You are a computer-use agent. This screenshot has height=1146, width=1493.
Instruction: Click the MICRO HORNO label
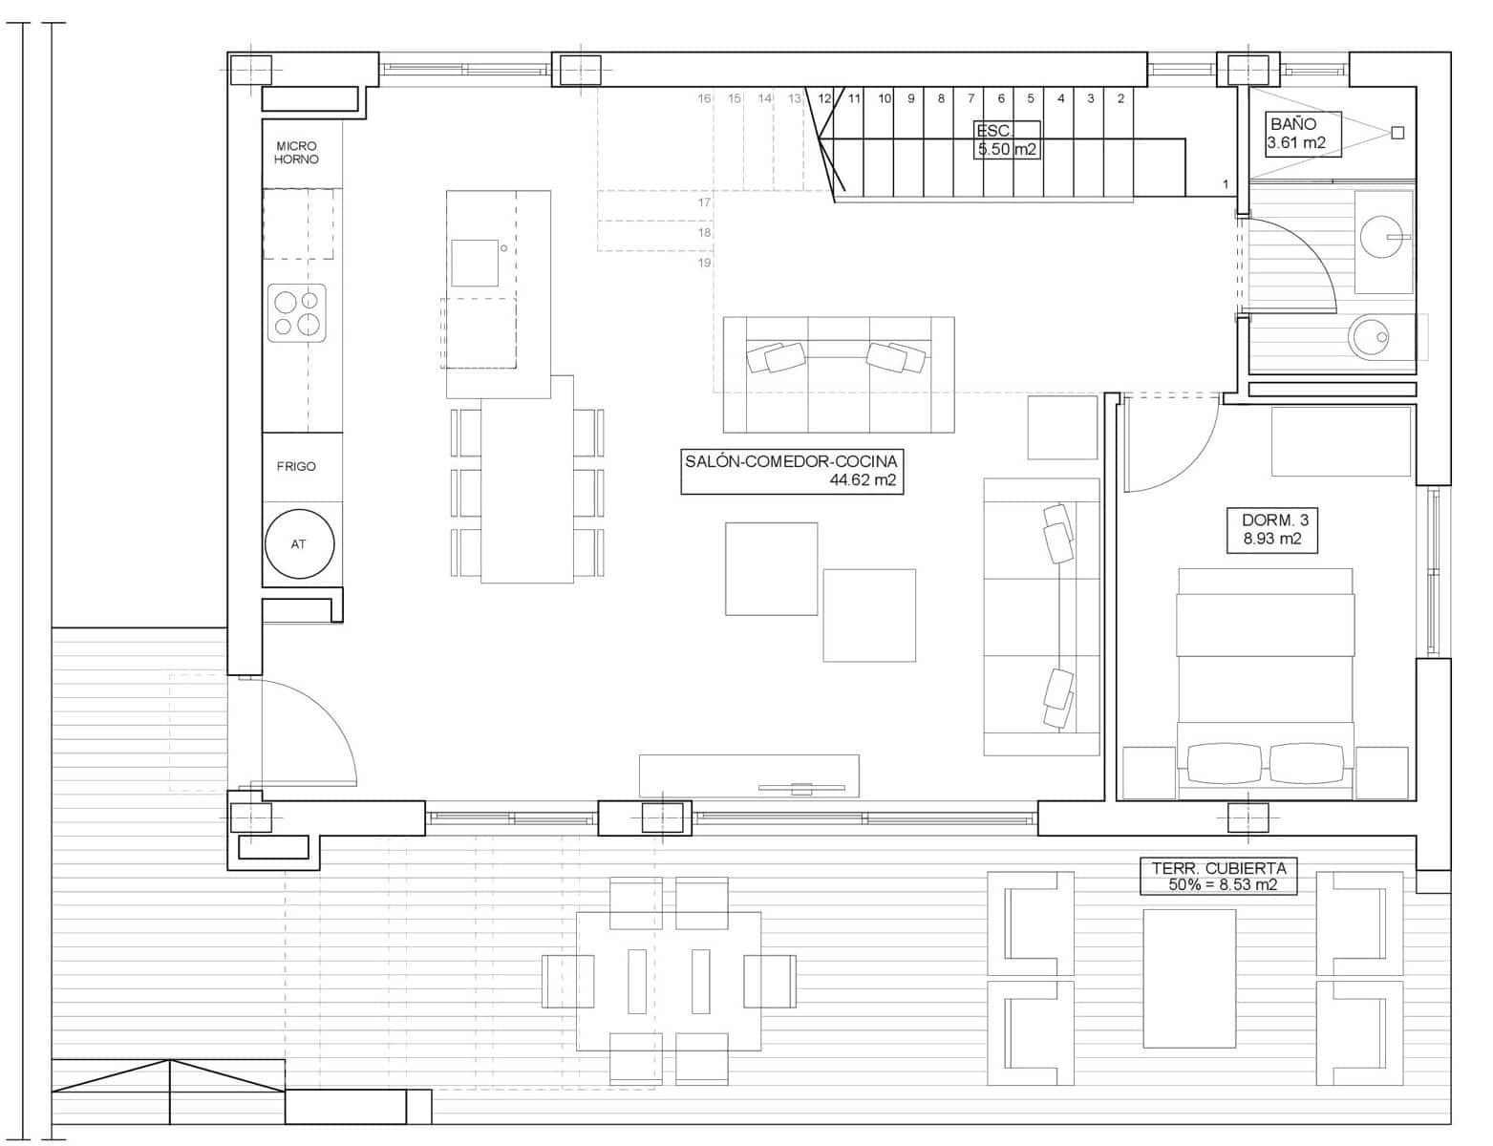point(296,153)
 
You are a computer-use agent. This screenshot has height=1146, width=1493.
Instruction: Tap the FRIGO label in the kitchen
point(296,466)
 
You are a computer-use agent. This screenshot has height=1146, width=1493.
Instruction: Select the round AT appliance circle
point(299,543)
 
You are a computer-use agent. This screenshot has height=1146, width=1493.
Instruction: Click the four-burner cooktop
point(296,313)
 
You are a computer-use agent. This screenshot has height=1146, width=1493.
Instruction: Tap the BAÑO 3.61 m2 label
point(1295,134)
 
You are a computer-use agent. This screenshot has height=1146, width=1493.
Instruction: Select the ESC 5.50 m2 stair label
point(1006,139)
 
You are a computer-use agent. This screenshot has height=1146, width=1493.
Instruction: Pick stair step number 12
point(824,98)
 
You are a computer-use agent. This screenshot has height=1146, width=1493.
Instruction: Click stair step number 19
point(704,263)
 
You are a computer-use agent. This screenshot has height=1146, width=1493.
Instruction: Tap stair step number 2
point(1120,98)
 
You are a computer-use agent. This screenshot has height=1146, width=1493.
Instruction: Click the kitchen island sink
point(475,263)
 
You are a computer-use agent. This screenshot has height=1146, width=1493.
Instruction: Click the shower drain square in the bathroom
point(1397,133)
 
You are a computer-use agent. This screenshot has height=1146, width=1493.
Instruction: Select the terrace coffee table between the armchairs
point(1189,978)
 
